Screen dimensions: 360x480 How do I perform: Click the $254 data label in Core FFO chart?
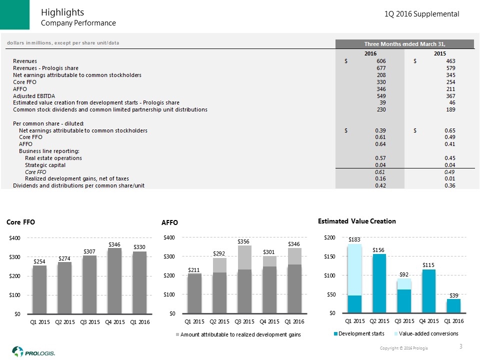click(39, 261)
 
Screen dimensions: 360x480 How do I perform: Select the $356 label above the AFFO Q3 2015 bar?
click(244, 241)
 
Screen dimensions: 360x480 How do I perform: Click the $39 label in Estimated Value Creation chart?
click(454, 295)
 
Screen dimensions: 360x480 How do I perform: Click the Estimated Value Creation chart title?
click(356, 221)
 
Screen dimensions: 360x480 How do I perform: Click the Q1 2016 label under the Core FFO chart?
click(139, 321)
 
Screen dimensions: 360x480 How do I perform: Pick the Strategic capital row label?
click(45, 165)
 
